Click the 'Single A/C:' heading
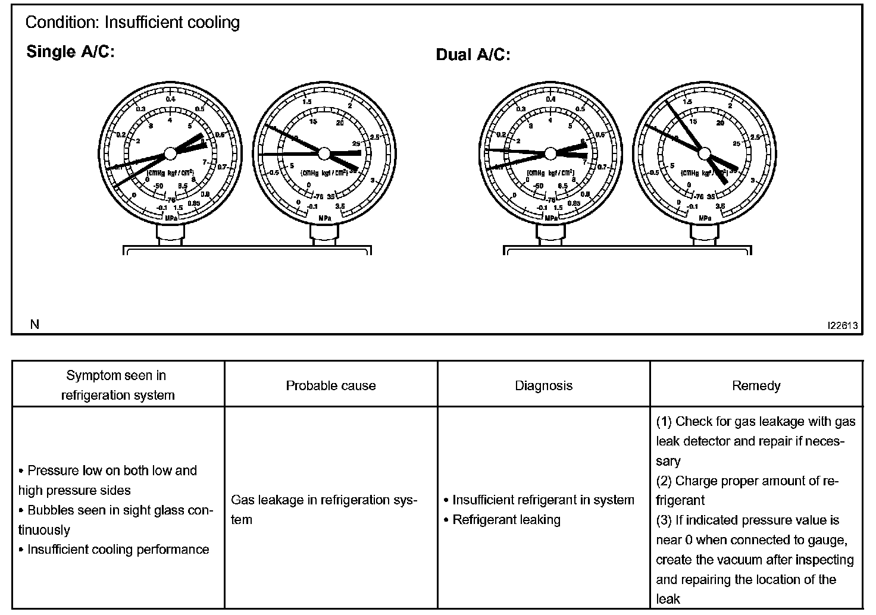coord(70,52)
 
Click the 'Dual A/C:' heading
coord(473,55)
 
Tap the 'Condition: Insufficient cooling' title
coord(133,23)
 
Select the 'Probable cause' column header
coord(331,385)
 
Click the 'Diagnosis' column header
coord(543,385)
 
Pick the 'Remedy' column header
coord(756,385)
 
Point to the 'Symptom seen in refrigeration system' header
coord(118,385)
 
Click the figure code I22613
coord(841,325)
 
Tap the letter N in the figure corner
coord(35,325)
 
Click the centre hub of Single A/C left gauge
coord(170,153)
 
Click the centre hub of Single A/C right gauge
coord(324,153)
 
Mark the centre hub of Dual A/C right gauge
coord(705,153)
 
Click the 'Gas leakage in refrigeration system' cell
coord(324,509)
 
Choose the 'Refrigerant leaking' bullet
coord(506,520)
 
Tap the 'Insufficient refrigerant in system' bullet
coord(543,500)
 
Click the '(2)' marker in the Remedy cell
coord(664,481)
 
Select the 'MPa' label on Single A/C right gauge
coord(325,218)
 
